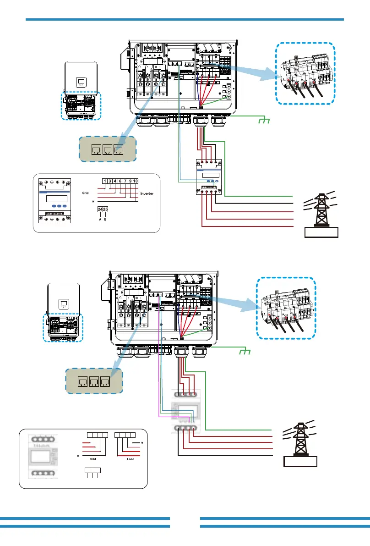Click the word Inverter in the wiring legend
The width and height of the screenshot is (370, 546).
[x=147, y=194]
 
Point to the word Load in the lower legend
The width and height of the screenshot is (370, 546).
[x=131, y=458]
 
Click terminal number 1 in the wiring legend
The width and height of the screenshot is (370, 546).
[x=105, y=181]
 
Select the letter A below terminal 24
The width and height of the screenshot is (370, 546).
[x=100, y=220]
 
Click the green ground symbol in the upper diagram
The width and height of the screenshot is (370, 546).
[x=263, y=121]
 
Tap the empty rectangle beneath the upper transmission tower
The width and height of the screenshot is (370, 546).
[x=321, y=232]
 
